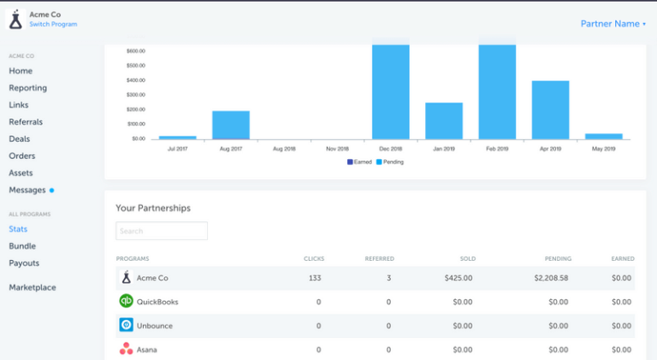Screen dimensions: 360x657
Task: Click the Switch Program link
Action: click(x=53, y=24)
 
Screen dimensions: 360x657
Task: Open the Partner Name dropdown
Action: click(x=613, y=24)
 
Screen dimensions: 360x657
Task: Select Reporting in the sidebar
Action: click(x=27, y=88)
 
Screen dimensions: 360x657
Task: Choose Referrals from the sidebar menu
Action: click(x=26, y=122)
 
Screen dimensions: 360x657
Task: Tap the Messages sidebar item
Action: click(x=27, y=190)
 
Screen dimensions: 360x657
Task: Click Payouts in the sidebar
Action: click(x=24, y=263)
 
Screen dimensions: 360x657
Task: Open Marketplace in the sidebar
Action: click(x=33, y=287)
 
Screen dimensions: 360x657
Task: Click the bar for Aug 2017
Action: click(x=231, y=125)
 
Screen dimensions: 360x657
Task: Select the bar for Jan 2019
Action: click(x=444, y=121)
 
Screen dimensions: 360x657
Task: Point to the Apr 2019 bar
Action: click(x=551, y=109)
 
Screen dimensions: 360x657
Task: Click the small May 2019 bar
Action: click(x=604, y=136)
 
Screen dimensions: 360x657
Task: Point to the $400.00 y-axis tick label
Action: click(x=135, y=80)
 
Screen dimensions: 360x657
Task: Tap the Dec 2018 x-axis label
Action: click(x=390, y=149)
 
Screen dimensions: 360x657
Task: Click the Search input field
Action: click(x=162, y=231)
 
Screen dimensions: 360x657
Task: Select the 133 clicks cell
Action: click(x=314, y=278)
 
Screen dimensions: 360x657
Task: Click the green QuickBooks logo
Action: click(x=126, y=301)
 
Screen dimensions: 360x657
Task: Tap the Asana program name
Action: click(x=148, y=349)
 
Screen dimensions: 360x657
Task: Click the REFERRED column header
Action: click(x=379, y=257)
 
